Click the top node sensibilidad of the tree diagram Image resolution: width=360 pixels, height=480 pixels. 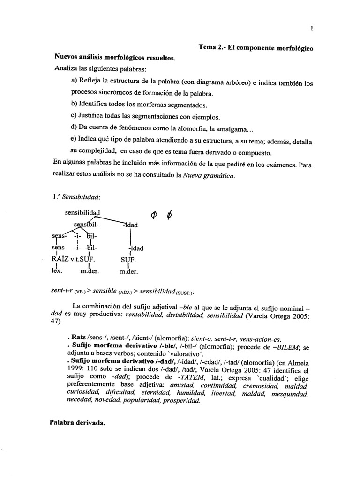[82, 213]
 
